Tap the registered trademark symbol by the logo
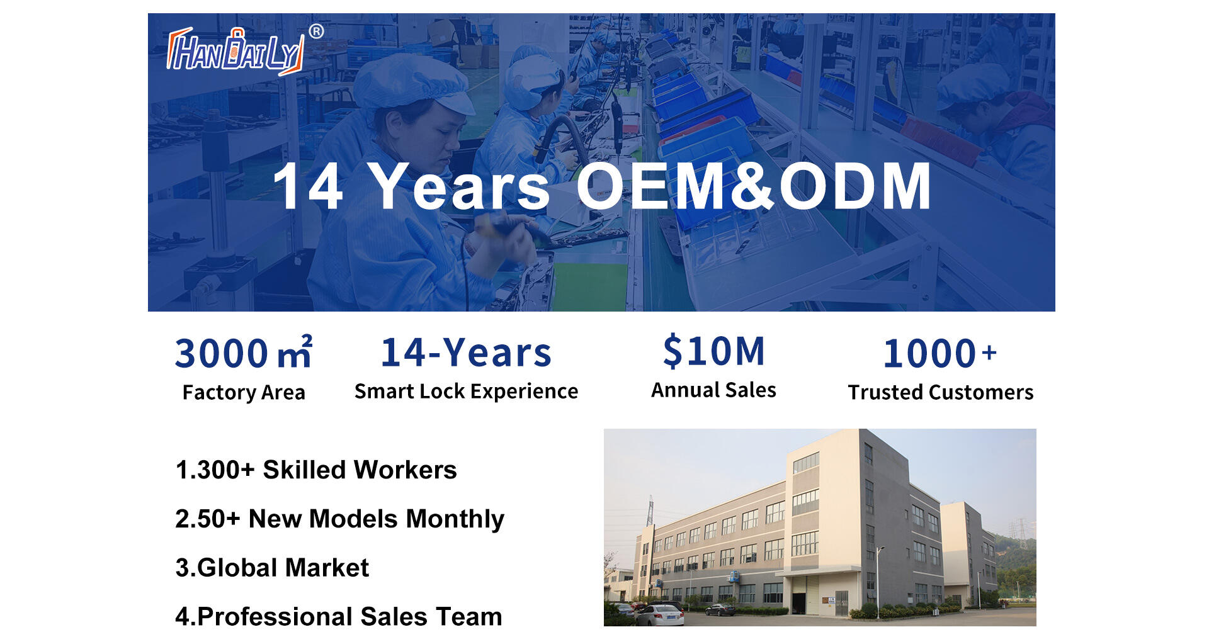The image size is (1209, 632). pyautogui.click(x=317, y=31)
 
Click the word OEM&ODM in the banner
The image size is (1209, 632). pyautogui.click(x=753, y=186)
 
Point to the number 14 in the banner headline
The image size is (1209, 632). pyautogui.click(x=308, y=186)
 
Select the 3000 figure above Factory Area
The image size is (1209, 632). pyautogui.click(x=222, y=353)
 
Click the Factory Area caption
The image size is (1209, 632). pyautogui.click(x=244, y=392)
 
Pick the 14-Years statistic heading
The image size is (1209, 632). pyautogui.click(x=466, y=353)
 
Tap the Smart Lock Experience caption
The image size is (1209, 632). pyautogui.click(x=466, y=391)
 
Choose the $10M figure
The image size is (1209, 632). pyautogui.click(x=713, y=351)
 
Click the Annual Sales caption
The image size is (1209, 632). pyautogui.click(x=713, y=390)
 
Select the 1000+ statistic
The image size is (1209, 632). pyautogui.click(x=940, y=353)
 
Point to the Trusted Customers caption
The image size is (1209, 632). pyautogui.click(x=940, y=392)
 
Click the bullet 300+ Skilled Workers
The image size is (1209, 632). pyautogui.click(x=316, y=470)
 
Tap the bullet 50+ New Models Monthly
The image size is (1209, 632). pyautogui.click(x=339, y=519)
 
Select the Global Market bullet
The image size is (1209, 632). pyautogui.click(x=272, y=567)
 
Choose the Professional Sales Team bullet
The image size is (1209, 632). pyautogui.click(x=339, y=616)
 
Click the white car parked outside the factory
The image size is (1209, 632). pyautogui.click(x=660, y=614)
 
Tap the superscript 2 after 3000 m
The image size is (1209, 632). pyautogui.click(x=307, y=341)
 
